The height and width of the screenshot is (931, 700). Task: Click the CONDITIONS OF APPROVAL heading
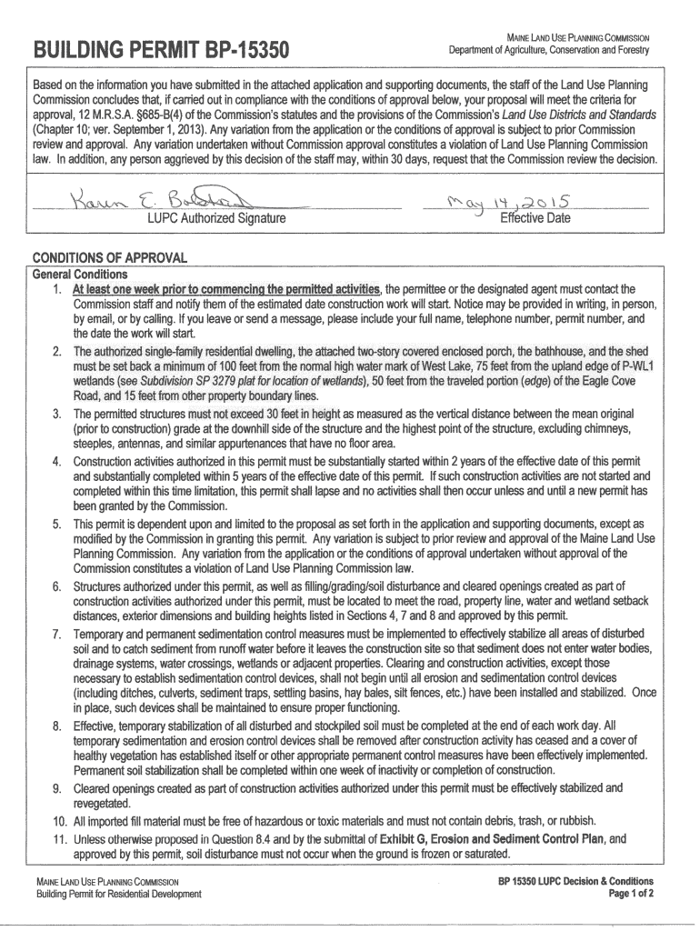pyautogui.click(x=109, y=257)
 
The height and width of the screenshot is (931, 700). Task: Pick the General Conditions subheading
pyautogui.click(x=80, y=275)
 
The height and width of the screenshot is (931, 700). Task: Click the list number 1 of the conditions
pyautogui.click(x=56, y=289)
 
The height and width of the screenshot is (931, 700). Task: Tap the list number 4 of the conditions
pyautogui.click(x=56, y=462)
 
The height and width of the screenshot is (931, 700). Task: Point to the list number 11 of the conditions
pyautogui.click(x=53, y=838)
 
